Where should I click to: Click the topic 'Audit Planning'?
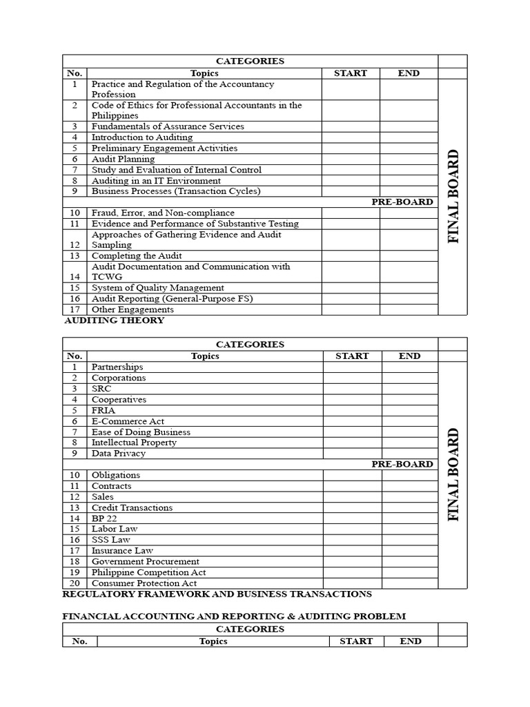tap(123, 159)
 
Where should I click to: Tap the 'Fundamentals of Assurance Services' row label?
tap(168, 126)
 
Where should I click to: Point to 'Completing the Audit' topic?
tap(137, 255)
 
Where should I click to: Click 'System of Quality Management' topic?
tap(157, 288)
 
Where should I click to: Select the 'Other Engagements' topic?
tap(132, 309)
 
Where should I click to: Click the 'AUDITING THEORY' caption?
tap(114, 320)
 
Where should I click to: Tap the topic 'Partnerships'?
tap(117, 367)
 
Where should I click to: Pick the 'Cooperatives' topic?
tap(119, 400)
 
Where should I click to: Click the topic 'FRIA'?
tap(103, 410)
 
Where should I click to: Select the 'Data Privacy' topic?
tap(118, 454)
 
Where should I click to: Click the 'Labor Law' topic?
tap(115, 529)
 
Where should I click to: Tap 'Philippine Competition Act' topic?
tap(148, 572)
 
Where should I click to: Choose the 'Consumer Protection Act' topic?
tap(144, 583)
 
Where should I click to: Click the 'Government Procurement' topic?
tap(145, 561)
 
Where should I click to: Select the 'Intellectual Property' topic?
tap(134, 443)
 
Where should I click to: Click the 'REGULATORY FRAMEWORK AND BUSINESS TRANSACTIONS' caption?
tap(217, 594)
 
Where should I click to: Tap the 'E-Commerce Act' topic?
tap(128, 421)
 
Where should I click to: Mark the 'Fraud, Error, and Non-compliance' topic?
tap(163, 213)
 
